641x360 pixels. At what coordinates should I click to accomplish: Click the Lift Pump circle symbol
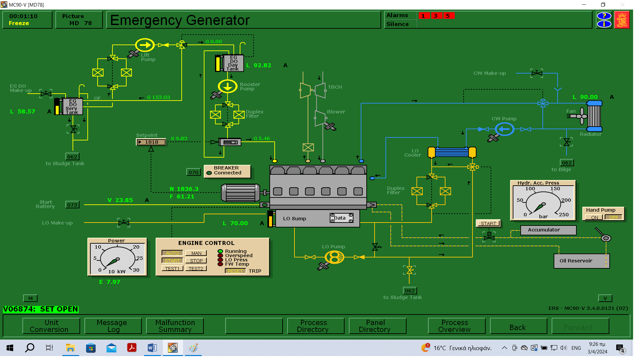tap(145, 45)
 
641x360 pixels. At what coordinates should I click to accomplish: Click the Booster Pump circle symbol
tap(228, 87)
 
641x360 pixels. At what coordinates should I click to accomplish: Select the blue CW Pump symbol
tap(504, 129)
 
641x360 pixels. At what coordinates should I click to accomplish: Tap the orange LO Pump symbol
tap(334, 257)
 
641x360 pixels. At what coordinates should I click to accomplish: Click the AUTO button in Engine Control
tap(172, 253)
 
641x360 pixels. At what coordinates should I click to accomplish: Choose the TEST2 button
tap(196, 269)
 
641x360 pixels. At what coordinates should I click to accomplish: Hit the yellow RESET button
tap(235, 271)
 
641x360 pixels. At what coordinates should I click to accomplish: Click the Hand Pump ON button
tap(594, 218)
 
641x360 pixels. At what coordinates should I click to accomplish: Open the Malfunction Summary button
tap(175, 326)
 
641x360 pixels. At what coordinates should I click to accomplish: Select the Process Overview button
tap(454, 326)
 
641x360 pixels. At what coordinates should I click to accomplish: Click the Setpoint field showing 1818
tap(151, 142)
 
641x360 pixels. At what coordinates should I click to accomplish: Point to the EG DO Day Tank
tap(233, 63)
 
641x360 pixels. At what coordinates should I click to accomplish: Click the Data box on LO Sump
tap(341, 218)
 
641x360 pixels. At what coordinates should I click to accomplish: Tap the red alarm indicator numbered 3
tap(436, 16)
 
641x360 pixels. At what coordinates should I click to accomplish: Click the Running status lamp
tap(220, 251)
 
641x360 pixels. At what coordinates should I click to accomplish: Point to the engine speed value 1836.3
tap(187, 189)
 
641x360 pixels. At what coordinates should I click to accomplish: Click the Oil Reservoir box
tap(581, 261)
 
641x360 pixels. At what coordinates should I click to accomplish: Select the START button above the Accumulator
tap(488, 224)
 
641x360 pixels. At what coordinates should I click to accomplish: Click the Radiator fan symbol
tap(583, 116)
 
